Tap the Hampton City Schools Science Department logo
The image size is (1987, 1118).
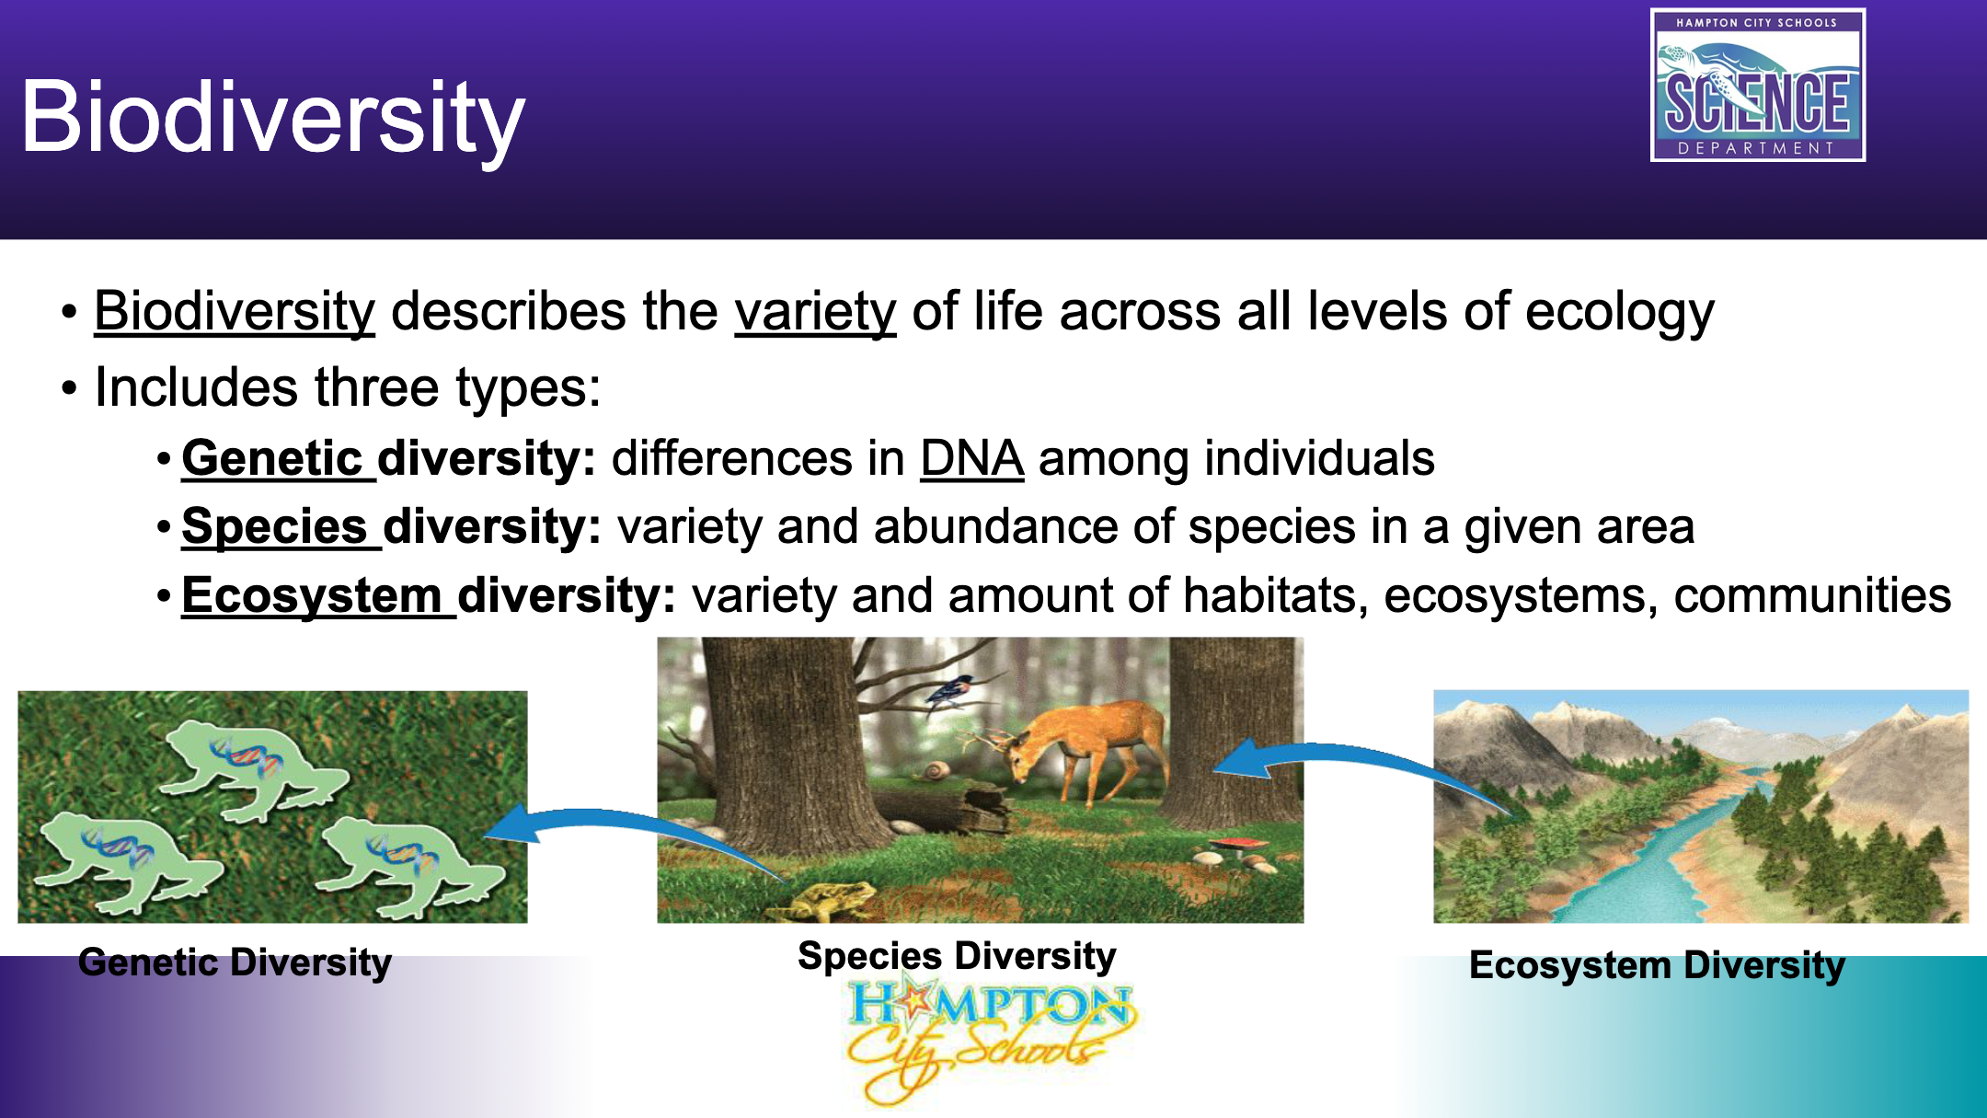click(x=1758, y=85)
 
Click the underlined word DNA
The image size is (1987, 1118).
click(x=972, y=458)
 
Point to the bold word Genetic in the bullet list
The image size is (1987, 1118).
click(x=272, y=458)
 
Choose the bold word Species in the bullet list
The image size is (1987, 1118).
click(x=275, y=527)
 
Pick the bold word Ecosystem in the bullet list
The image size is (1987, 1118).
click(x=312, y=595)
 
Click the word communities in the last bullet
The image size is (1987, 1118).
click(x=1812, y=595)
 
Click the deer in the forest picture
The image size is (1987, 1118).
click(x=1076, y=750)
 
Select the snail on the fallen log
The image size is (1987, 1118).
click(x=937, y=771)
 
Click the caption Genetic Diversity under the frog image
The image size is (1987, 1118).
click(x=235, y=963)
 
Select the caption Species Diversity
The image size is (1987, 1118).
click(x=957, y=957)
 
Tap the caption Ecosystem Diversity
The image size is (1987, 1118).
click(x=1657, y=966)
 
